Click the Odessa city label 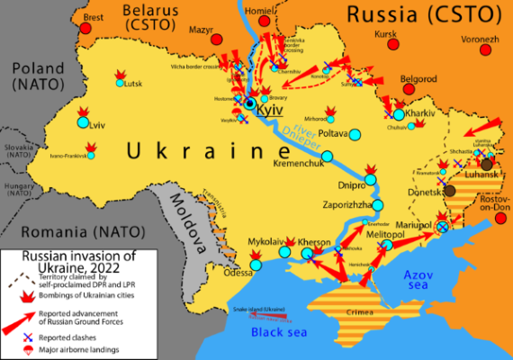tap(238, 273)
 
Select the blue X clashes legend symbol tap(28, 335)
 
